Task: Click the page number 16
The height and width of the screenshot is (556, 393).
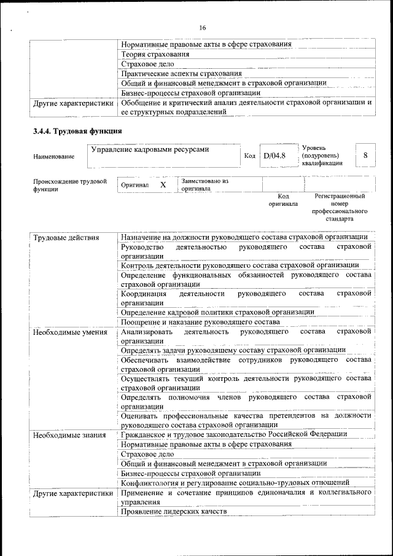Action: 203,27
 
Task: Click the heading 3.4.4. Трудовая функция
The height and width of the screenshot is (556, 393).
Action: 77,131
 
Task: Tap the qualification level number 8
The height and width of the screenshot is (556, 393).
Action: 365,155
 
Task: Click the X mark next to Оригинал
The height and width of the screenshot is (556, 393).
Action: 163,185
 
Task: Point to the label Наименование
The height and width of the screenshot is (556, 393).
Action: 54,157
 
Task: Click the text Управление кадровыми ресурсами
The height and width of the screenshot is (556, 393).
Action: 150,149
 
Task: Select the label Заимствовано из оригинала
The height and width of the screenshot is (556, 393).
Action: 204,185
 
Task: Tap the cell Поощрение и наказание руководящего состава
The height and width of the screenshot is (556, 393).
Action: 200,322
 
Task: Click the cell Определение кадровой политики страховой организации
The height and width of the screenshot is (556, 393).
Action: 217,312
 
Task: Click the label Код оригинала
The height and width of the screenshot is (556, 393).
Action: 283,200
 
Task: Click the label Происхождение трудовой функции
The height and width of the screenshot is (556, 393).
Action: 70,186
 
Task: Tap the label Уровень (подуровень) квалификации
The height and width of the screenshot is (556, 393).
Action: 321,156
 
